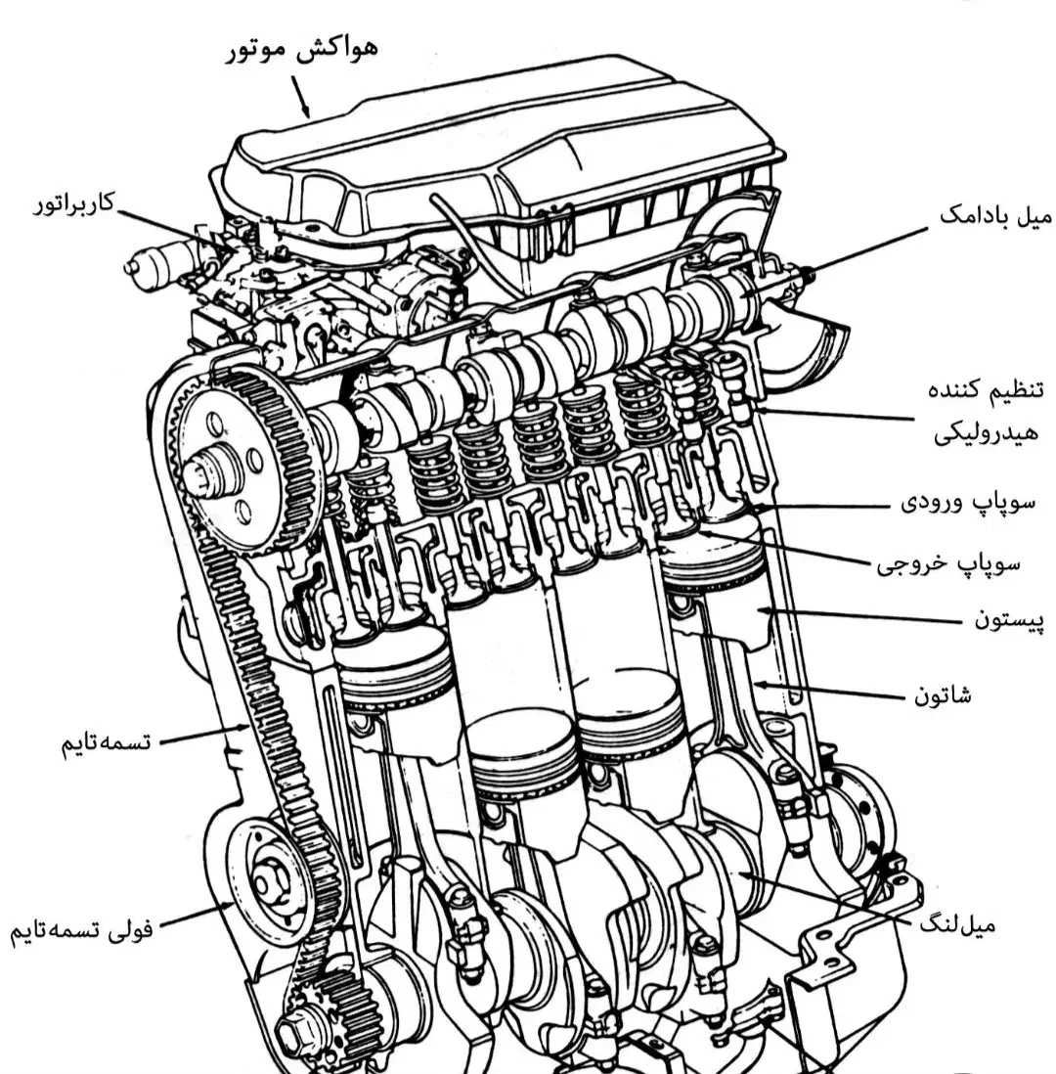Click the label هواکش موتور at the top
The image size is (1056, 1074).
(x=302, y=50)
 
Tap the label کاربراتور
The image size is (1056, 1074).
(x=74, y=204)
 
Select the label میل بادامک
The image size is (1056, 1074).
(x=995, y=216)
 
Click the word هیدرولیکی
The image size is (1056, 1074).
(x=987, y=433)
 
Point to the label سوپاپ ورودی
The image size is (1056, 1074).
(x=968, y=503)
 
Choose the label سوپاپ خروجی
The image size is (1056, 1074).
(x=948, y=563)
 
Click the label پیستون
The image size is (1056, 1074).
(x=1009, y=620)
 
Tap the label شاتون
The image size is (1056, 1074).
(x=943, y=695)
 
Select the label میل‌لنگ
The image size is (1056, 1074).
(x=956, y=925)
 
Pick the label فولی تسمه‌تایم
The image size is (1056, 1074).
(x=81, y=931)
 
